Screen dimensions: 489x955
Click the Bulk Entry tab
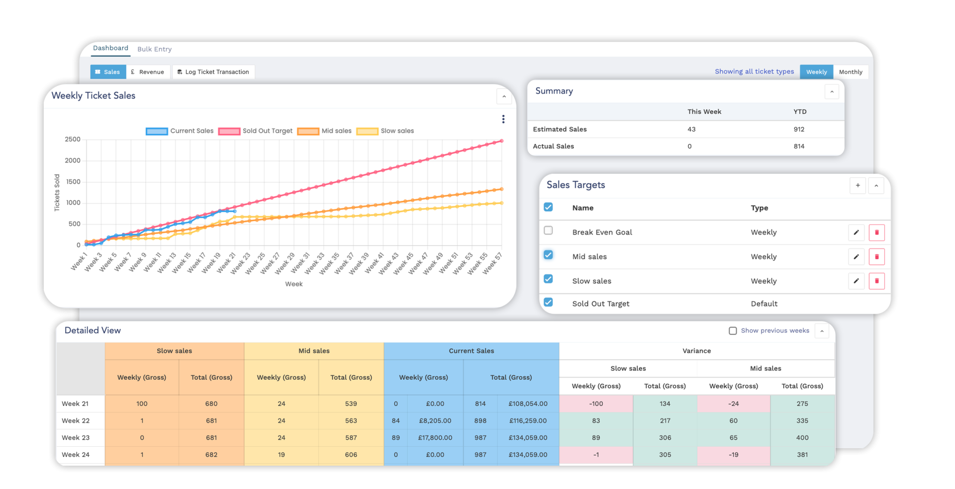154,49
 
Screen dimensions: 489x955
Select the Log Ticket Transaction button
213,72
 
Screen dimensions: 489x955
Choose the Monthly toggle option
850,72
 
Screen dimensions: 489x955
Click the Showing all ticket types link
754,72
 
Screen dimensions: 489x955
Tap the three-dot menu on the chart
503,119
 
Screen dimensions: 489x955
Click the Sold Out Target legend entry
255,131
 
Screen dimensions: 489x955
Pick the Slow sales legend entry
385,131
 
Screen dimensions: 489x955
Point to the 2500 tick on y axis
73,140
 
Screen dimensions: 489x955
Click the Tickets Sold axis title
57,193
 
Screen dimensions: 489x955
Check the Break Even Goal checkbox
548,231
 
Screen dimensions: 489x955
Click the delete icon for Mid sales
876,257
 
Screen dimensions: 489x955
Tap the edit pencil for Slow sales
856,281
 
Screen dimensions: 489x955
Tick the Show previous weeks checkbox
733,331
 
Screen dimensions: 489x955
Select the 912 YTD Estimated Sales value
799,129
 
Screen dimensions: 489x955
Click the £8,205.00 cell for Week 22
435,421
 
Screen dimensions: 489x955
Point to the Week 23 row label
76,438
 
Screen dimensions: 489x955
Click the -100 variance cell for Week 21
596,404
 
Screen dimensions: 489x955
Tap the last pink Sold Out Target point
501,141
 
